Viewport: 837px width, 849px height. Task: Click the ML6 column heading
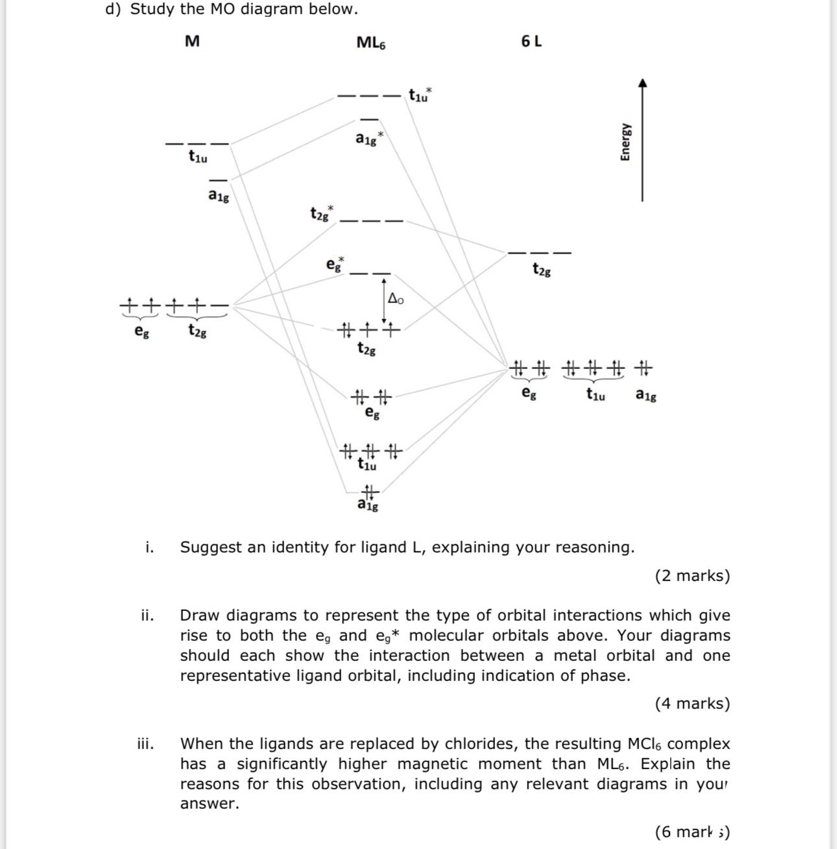[371, 43]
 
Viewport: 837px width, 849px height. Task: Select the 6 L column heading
[531, 42]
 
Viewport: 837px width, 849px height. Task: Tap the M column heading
[192, 42]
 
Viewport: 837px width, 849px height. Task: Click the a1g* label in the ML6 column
[369, 139]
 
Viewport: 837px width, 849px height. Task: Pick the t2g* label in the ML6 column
[321, 213]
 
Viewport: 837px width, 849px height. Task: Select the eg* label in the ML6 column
[335, 264]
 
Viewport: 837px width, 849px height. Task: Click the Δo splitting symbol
[395, 299]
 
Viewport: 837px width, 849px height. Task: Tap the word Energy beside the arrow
[625, 141]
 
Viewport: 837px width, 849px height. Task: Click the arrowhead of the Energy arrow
[642, 82]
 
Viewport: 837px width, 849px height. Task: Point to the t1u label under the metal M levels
[198, 156]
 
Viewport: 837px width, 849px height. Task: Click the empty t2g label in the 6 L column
[541, 269]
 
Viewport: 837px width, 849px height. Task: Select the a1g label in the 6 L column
[646, 394]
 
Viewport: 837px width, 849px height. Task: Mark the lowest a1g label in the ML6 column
[368, 504]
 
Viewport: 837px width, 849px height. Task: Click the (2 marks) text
[692, 576]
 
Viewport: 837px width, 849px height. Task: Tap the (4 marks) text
[692, 704]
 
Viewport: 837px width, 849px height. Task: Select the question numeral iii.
[146, 743]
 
